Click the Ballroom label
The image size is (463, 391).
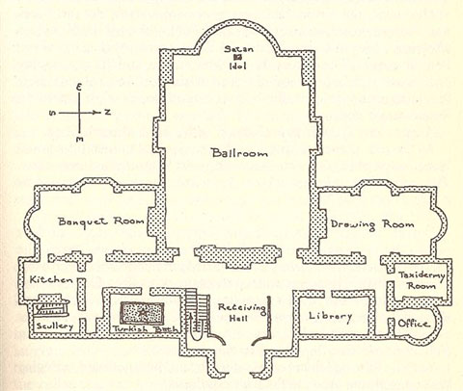(239, 152)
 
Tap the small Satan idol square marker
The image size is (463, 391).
(238, 58)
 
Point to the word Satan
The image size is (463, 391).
(239, 49)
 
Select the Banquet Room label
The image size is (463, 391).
(100, 222)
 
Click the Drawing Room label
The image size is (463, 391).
(372, 224)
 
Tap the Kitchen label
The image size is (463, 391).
(51, 279)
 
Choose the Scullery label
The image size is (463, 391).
(55, 326)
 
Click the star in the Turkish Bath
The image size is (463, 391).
(143, 312)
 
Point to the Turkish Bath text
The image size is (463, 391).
(145, 328)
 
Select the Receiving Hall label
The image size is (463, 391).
(242, 313)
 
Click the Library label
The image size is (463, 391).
(331, 316)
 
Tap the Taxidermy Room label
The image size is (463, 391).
(422, 280)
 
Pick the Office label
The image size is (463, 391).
(413, 324)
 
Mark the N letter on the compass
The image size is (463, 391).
(107, 112)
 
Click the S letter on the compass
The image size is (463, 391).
(52, 114)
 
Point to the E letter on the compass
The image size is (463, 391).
(79, 88)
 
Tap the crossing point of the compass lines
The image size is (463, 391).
(79, 113)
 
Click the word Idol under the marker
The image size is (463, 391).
(238, 66)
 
